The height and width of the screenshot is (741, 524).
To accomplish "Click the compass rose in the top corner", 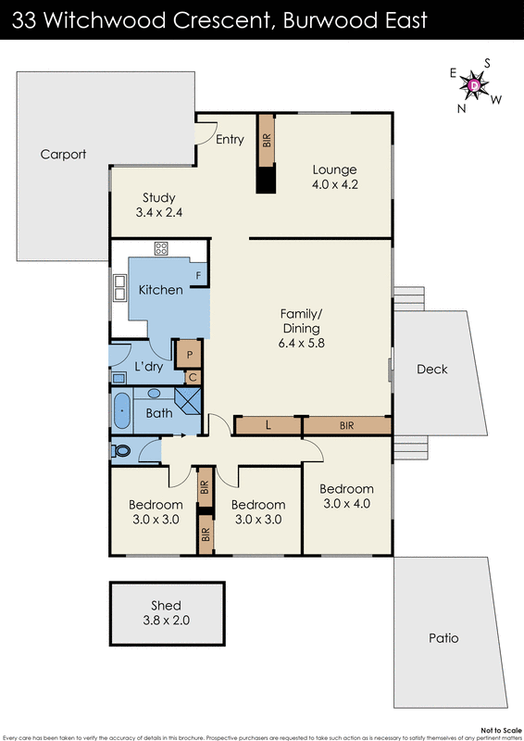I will [x=474, y=85].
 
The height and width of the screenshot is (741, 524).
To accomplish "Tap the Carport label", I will [x=63, y=155].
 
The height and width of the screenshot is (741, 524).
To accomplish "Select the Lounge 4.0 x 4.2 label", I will [x=334, y=176].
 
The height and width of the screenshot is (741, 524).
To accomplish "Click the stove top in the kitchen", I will [x=161, y=248].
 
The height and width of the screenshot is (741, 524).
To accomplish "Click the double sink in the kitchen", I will [x=119, y=288].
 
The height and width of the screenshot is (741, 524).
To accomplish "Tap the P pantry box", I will [x=190, y=353].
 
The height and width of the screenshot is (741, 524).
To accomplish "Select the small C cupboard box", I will [x=193, y=376].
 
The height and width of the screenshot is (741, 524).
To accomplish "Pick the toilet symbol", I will [x=121, y=451].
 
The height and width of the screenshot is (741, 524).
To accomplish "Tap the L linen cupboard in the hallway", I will [x=268, y=425].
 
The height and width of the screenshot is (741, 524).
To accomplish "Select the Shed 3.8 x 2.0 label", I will [x=168, y=613].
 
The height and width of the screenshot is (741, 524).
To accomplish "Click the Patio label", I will [x=443, y=638].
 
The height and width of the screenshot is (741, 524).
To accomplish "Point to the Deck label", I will [x=431, y=369].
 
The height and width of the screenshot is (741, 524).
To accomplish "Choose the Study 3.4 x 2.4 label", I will [x=158, y=205].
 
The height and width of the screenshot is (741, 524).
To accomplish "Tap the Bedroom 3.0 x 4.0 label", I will [x=346, y=496].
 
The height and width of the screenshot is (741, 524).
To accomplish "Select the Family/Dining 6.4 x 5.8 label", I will [x=301, y=328].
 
